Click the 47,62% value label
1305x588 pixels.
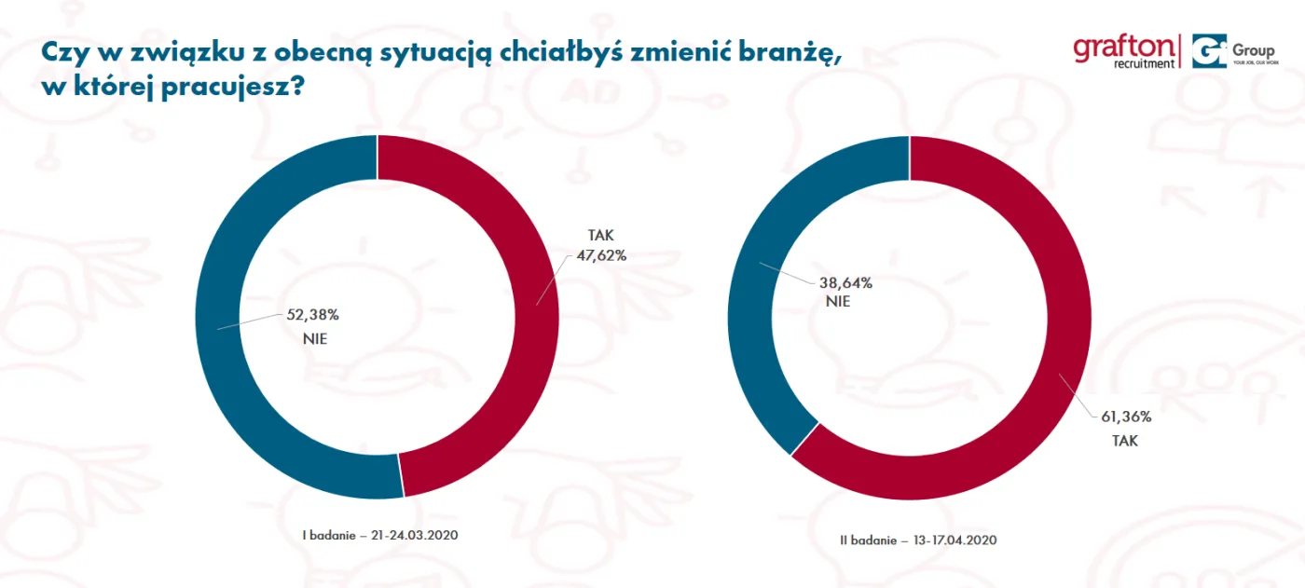click(601, 253)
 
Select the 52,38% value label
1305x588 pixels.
click(307, 314)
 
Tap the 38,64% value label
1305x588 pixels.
click(846, 281)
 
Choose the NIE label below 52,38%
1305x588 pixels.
click(315, 339)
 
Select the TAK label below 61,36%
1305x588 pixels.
click(1124, 440)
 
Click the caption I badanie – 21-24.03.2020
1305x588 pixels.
click(381, 536)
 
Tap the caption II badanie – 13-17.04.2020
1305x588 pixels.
click(918, 540)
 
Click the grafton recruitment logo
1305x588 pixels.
click(1124, 51)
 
